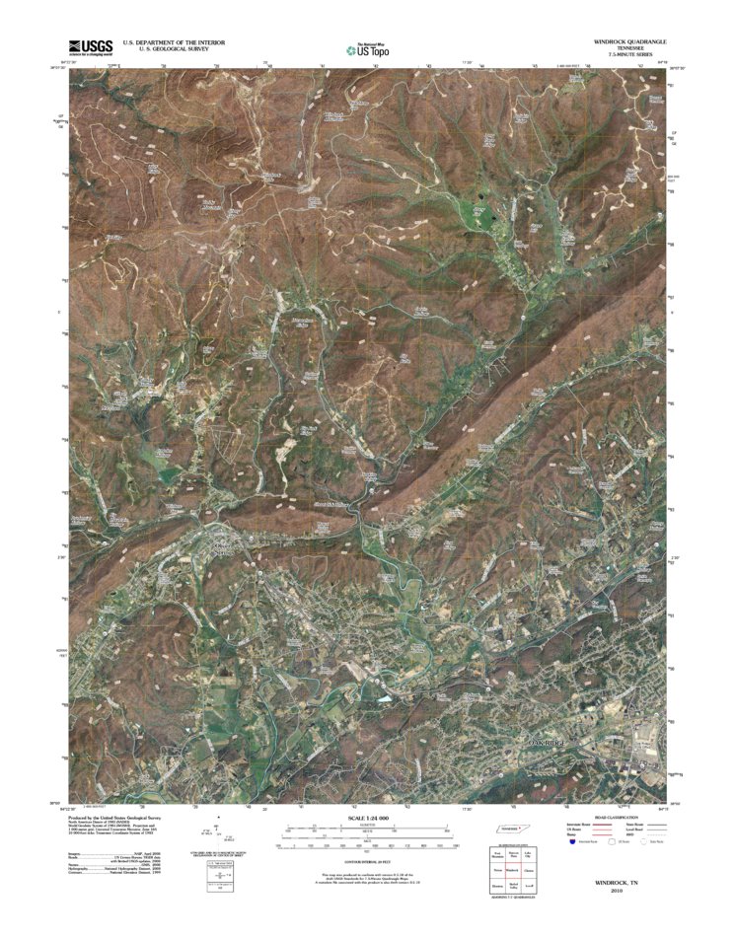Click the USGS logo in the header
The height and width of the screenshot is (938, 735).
[91, 46]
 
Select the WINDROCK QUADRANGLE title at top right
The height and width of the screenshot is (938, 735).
[629, 42]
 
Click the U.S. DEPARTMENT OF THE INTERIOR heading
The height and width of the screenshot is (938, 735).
[175, 42]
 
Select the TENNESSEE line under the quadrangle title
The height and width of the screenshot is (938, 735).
[629, 48]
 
